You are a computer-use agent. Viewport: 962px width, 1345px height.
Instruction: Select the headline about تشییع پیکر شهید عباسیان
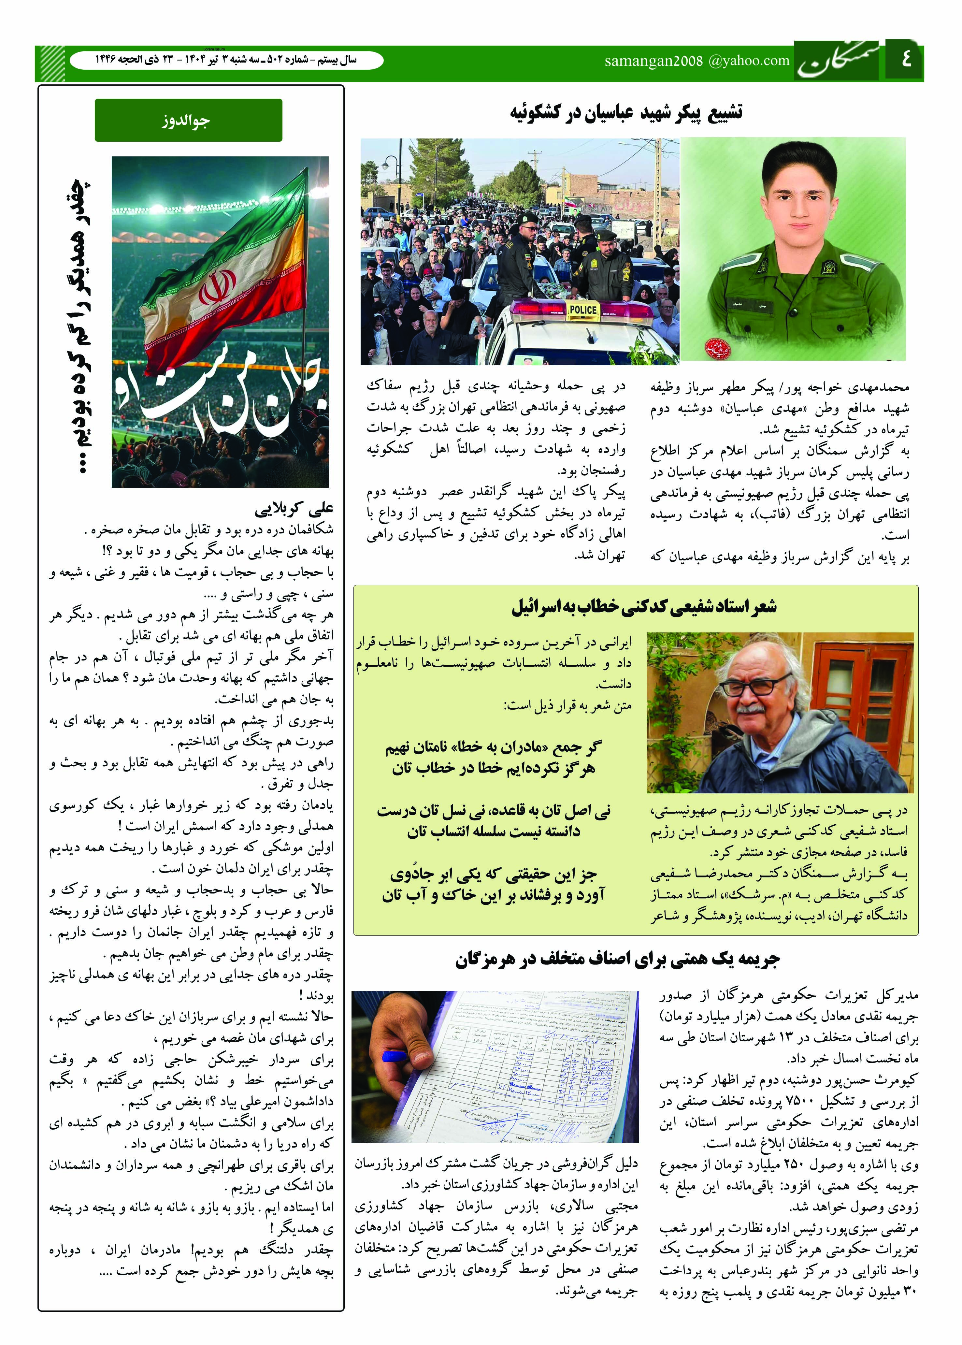click(626, 113)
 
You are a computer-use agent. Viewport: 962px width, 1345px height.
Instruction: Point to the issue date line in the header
click(226, 60)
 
